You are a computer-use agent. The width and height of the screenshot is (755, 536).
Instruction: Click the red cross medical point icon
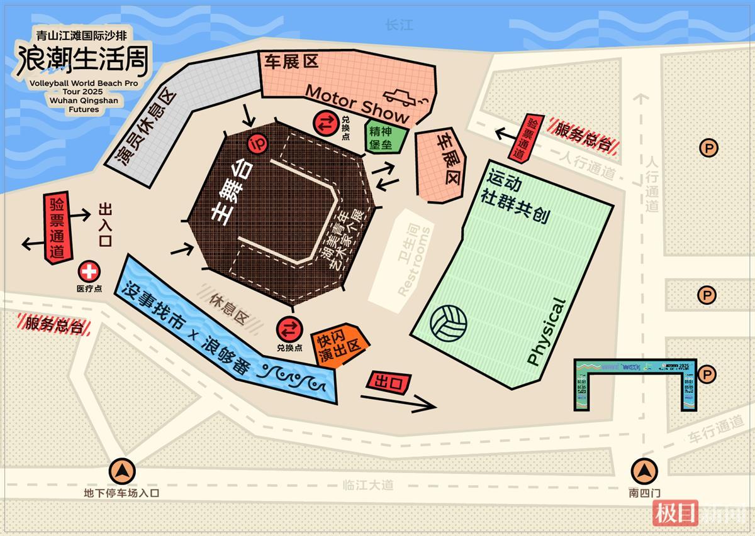tap(89, 271)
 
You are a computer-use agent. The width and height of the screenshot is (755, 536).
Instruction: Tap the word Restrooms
tap(415, 261)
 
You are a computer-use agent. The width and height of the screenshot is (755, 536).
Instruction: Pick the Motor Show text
tap(357, 104)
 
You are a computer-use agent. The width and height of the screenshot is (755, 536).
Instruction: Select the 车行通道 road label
tap(715, 430)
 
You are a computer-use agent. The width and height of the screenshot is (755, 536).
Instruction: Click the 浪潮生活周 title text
tap(83, 59)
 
